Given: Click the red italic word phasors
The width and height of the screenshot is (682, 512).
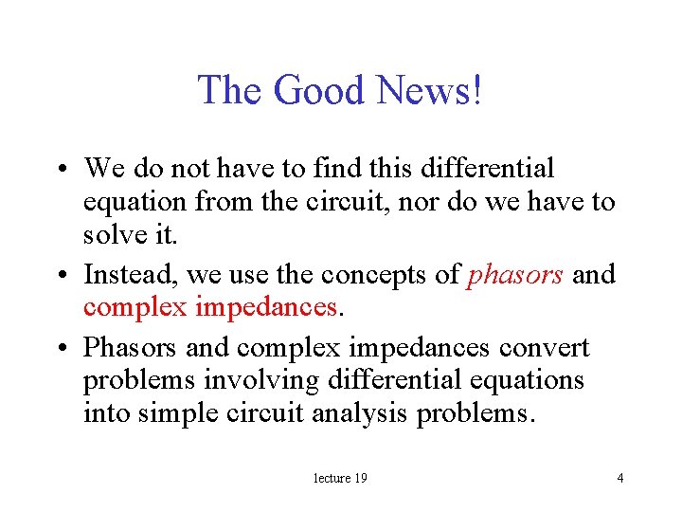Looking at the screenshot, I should pos(516,275).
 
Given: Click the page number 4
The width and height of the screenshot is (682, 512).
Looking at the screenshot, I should pos(619,478).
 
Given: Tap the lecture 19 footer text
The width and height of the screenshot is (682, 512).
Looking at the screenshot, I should pos(340,478).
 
